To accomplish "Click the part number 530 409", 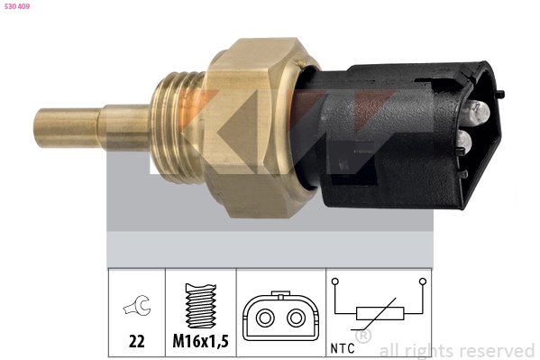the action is point(17,6).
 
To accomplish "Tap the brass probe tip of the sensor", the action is point(69,127).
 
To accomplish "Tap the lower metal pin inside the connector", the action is point(462,142).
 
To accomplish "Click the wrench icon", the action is point(137,305).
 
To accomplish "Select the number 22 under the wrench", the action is point(137,341).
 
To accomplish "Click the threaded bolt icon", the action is point(201,306).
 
